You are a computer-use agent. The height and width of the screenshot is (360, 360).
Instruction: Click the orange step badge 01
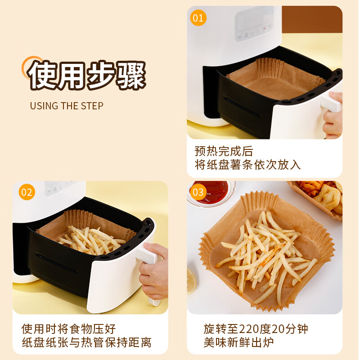198,18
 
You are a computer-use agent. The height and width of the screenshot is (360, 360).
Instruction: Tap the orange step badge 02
27,193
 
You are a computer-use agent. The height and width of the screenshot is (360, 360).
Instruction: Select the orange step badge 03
198,193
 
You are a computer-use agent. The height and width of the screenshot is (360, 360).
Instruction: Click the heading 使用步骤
88,75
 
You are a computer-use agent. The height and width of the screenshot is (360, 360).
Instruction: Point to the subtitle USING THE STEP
67,106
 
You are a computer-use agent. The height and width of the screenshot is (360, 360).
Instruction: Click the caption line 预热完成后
224,151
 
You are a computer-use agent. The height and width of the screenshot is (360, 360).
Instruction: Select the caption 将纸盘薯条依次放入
247,165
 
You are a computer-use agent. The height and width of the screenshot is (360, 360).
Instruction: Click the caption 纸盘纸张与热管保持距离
87,343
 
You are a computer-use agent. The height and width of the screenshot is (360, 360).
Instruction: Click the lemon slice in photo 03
191,281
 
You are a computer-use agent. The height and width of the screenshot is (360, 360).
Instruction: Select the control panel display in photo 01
254,20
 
